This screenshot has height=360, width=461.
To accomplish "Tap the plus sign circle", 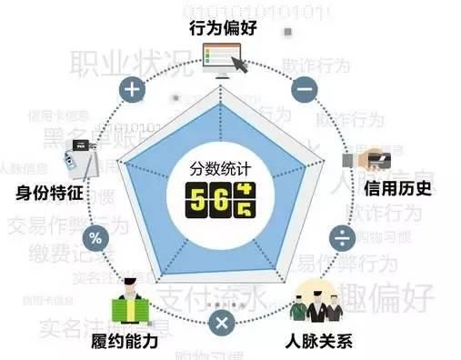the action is click(x=133, y=89).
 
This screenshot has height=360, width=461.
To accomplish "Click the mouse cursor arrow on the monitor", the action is click(x=241, y=65).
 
